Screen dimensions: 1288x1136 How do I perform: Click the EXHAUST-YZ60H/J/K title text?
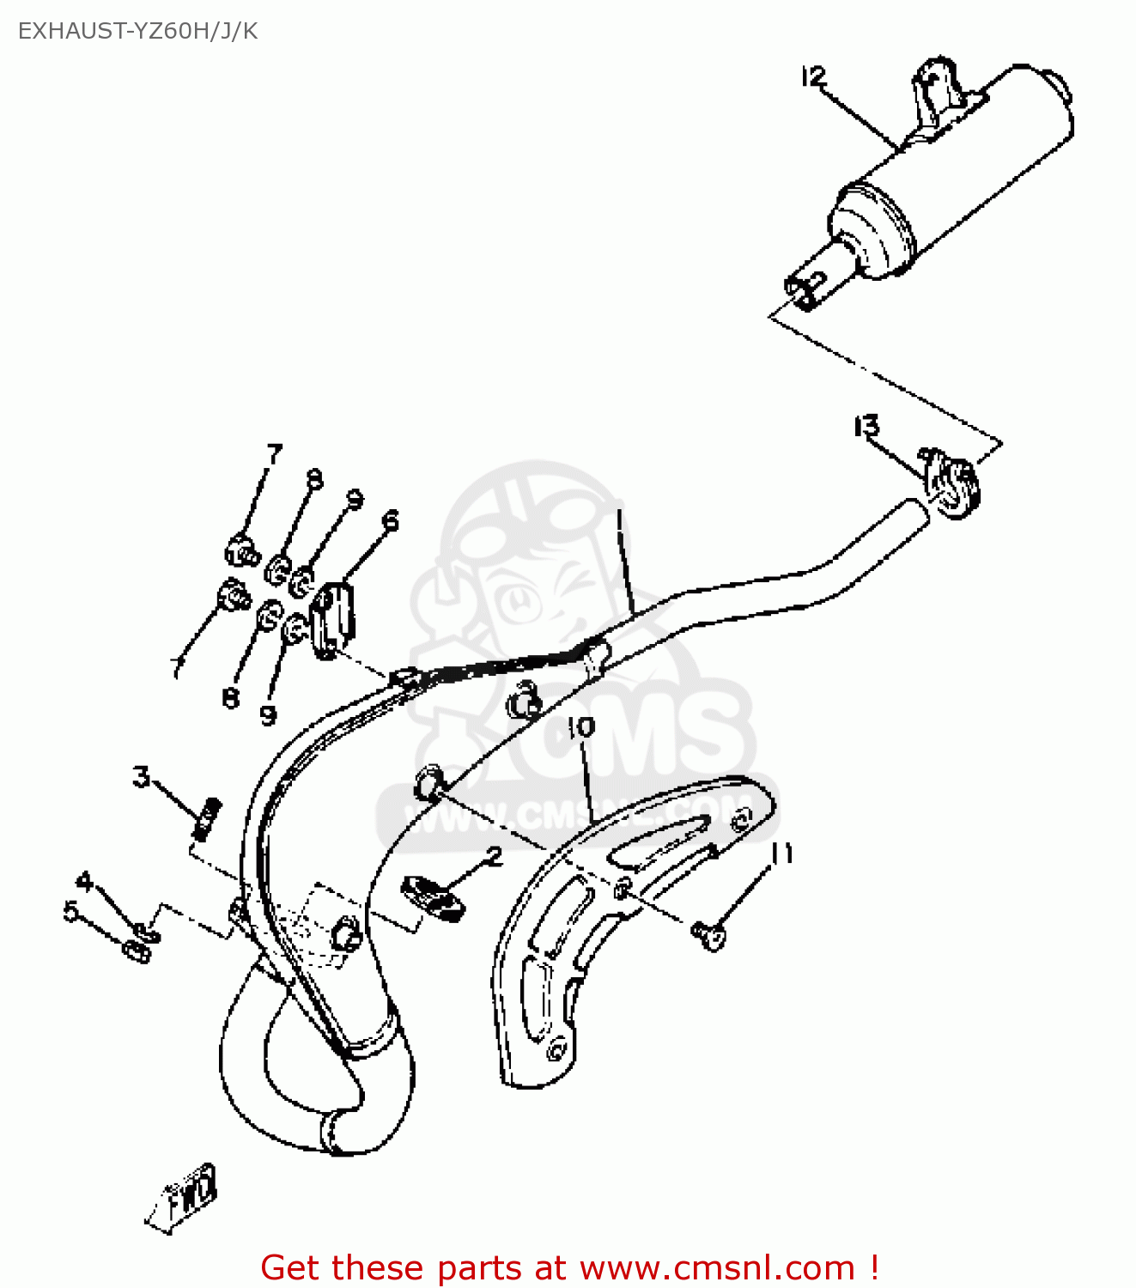(x=137, y=32)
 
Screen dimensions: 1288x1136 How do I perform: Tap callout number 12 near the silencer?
(x=812, y=77)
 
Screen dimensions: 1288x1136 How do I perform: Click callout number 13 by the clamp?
(x=866, y=426)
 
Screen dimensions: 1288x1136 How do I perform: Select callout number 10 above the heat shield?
(x=581, y=727)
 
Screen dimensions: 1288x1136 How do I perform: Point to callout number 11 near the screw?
(x=782, y=854)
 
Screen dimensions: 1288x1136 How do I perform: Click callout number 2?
(x=494, y=855)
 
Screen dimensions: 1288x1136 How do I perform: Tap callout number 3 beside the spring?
(x=142, y=777)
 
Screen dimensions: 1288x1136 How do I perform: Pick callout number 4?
(x=84, y=881)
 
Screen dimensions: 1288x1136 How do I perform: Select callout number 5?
(x=70, y=910)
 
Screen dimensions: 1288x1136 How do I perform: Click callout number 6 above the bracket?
(x=391, y=520)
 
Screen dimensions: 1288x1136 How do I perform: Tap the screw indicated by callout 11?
(x=709, y=933)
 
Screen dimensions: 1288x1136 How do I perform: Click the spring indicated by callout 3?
(x=207, y=817)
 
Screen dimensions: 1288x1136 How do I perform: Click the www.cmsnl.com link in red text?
(x=717, y=1268)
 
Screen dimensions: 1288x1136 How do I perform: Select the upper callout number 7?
(x=274, y=453)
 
